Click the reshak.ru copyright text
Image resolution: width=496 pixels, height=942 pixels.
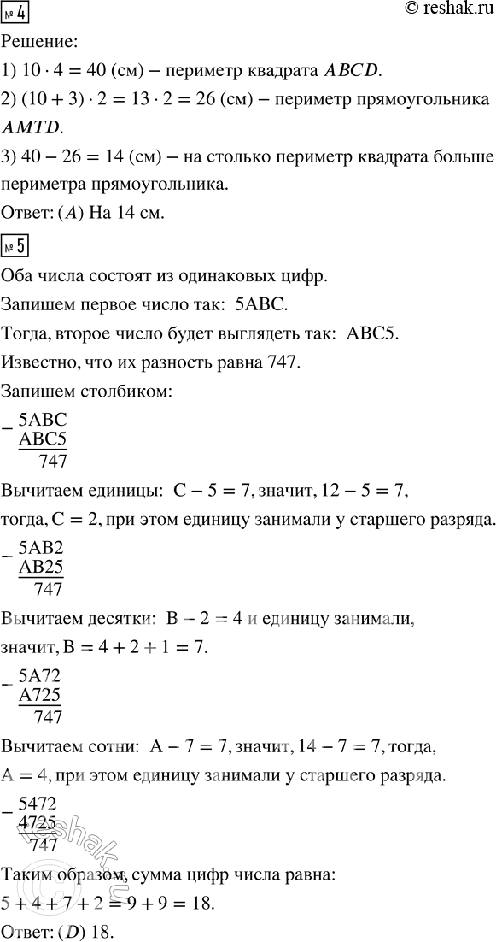[435, 10]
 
